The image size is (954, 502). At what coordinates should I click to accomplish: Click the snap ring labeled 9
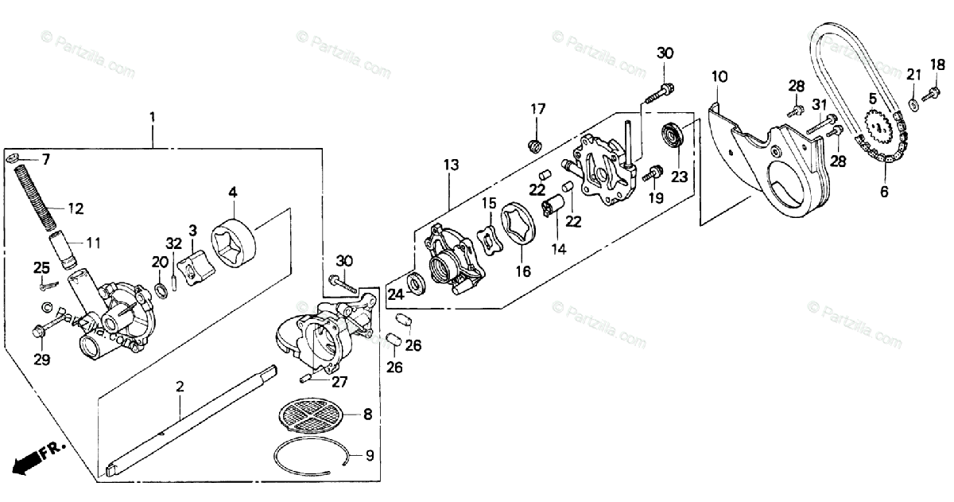(x=310, y=457)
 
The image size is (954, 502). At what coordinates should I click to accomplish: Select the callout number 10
(x=719, y=77)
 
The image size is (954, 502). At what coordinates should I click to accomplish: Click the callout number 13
(x=452, y=165)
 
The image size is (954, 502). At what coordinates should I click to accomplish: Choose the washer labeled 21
(x=911, y=103)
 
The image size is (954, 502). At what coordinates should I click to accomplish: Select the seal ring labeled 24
(x=415, y=282)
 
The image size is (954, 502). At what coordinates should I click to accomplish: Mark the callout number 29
(x=41, y=360)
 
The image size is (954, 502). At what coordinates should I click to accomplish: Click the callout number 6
(x=885, y=192)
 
